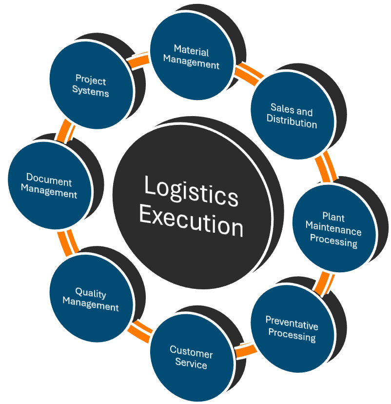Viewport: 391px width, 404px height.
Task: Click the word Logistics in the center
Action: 191,191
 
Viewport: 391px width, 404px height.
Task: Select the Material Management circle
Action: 192,58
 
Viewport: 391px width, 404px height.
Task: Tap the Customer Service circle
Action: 191,359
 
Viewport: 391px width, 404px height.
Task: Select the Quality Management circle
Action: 91,300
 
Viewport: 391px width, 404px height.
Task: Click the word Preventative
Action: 292,323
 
